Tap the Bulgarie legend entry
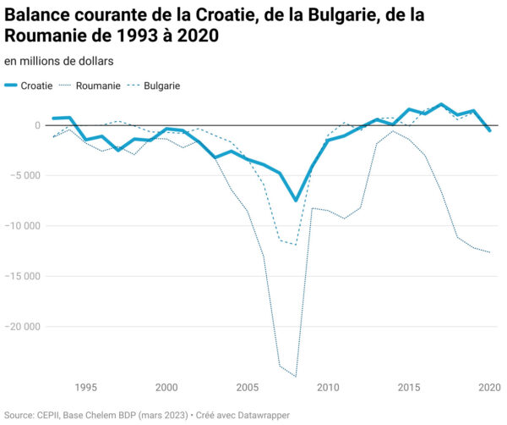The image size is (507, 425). point(161,86)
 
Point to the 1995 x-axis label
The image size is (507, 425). point(85,388)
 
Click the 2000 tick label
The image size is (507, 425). point(166,388)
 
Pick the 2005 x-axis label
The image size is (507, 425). point(247,388)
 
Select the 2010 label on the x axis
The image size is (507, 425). point(328,388)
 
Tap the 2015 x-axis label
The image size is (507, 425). point(409,388)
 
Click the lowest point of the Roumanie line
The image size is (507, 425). point(296,376)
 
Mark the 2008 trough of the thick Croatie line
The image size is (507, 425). point(296,201)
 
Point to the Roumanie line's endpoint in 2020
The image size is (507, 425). point(489,252)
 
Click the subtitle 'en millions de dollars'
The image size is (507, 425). point(59,61)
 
